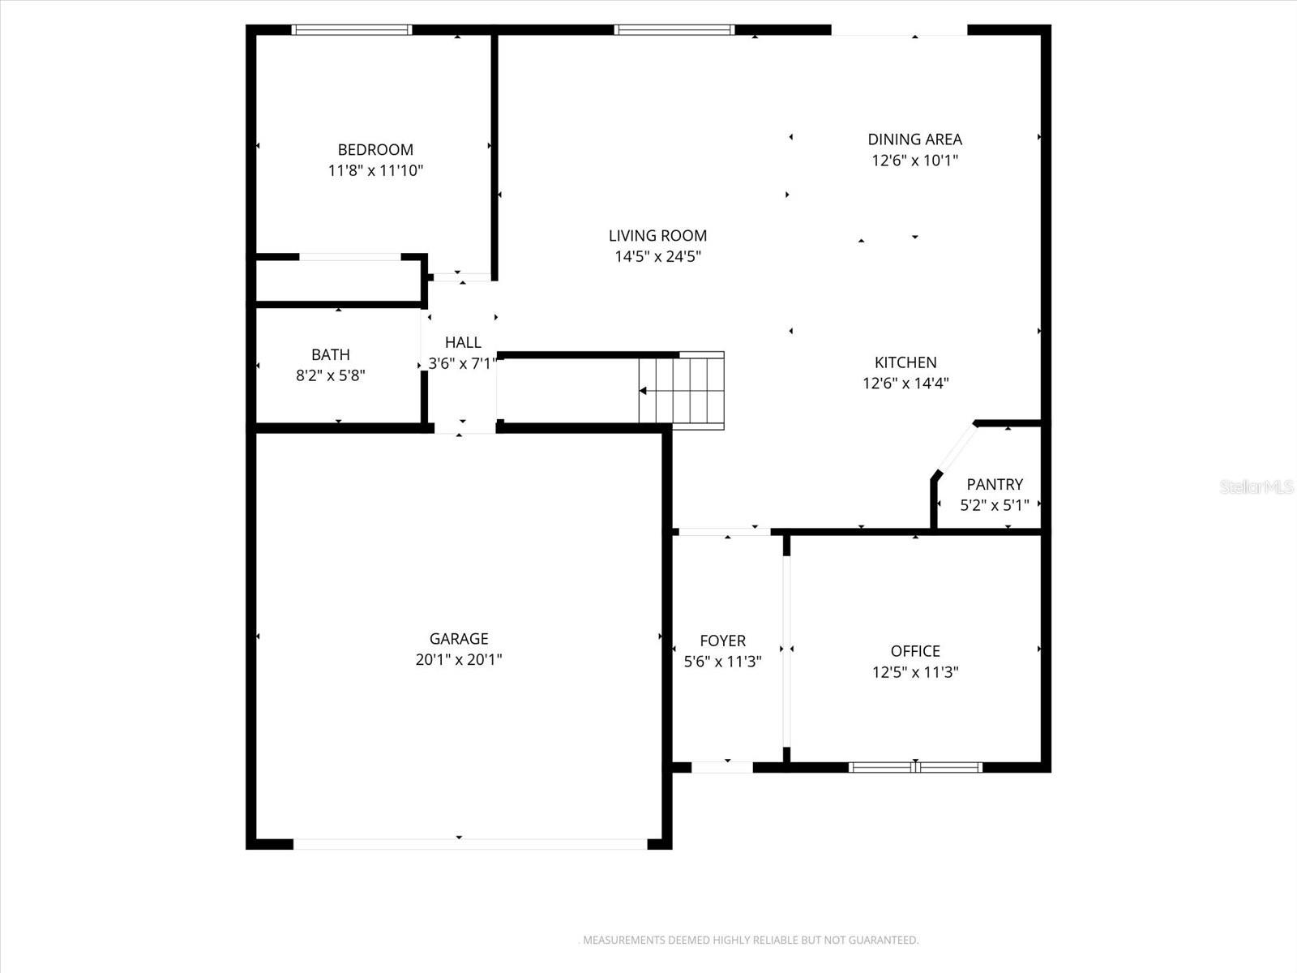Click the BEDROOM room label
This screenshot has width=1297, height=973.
(375, 150)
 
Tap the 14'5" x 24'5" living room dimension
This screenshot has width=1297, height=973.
(657, 257)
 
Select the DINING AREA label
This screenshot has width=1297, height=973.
(914, 139)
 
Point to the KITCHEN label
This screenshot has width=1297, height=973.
(905, 362)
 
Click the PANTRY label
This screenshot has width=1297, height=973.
(995, 484)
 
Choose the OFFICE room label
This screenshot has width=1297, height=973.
(915, 651)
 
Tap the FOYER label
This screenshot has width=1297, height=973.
(722, 641)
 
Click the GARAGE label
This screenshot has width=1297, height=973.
(459, 639)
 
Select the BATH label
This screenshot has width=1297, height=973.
(331, 354)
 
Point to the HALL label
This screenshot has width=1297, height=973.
(463, 342)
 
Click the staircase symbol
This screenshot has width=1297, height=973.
(681, 391)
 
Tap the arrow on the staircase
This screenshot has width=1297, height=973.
(644, 391)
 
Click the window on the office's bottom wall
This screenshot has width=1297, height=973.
(915, 767)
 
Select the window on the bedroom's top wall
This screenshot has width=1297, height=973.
(352, 30)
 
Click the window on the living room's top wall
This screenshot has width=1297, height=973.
(674, 30)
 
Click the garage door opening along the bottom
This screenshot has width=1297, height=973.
(470, 844)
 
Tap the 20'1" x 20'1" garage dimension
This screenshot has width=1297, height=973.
(459, 660)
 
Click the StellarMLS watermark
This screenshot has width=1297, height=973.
(1256, 486)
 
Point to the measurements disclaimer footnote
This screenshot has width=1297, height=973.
(751, 941)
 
